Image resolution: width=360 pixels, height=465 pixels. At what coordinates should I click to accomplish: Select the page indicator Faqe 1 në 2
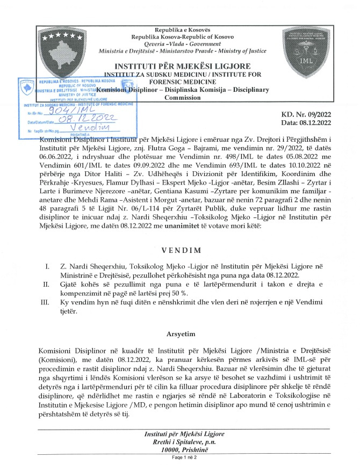pyautogui.click(x=179, y=457)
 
